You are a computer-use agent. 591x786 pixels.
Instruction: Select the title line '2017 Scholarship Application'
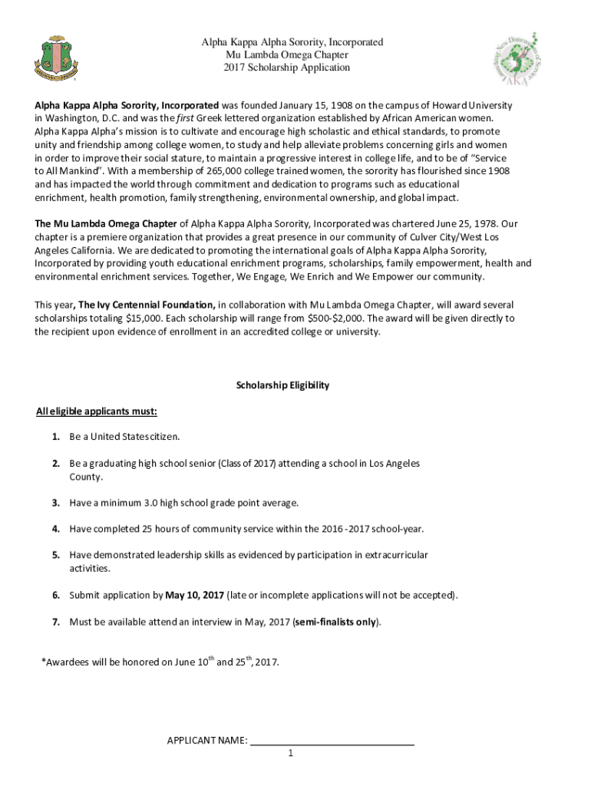point(287,68)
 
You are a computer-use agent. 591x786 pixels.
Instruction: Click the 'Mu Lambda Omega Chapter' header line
point(287,55)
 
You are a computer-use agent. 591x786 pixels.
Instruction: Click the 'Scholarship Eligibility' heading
point(282,385)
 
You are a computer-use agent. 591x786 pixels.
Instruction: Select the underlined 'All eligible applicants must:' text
point(97,411)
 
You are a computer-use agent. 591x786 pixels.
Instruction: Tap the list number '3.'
point(56,503)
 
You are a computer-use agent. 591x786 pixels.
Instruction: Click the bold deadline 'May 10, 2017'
point(194,595)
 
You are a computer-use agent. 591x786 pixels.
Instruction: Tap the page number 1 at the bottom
point(291,754)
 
